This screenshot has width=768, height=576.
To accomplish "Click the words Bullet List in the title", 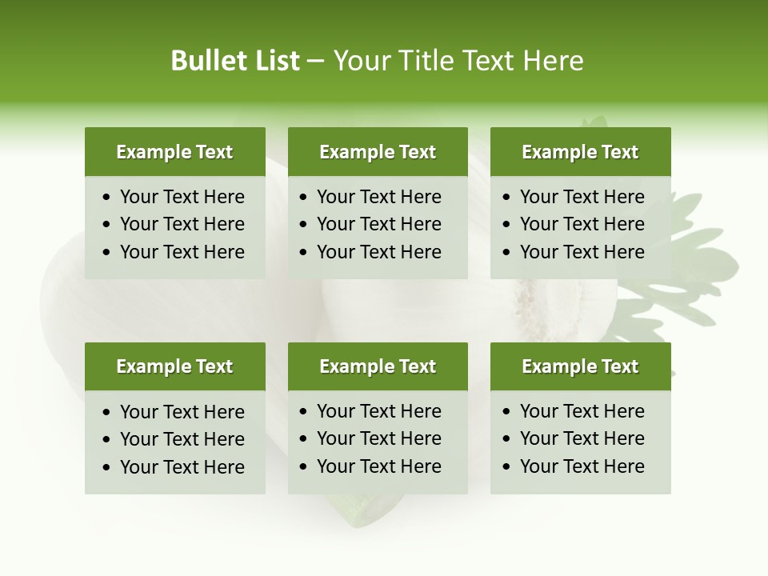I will pyautogui.click(x=235, y=61).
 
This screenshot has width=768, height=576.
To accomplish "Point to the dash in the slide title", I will pyautogui.click(x=315, y=62).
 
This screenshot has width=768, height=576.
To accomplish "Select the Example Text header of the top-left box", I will pyautogui.click(x=174, y=152).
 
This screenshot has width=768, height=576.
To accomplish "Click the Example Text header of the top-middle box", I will pyautogui.click(x=378, y=152).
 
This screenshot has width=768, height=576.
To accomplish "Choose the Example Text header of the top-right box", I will pyautogui.click(x=580, y=152).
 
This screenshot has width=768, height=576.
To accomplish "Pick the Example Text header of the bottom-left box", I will pyautogui.click(x=174, y=366).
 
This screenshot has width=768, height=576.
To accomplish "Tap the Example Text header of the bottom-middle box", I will pyautogui.click(x=378, y=366).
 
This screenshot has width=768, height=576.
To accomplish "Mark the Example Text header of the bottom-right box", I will pyautogui.click(x=580, y=366).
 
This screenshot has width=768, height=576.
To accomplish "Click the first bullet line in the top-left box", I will pyautogui.click(x=182, y=197).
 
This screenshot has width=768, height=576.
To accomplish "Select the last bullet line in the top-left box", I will pyautogui.click(x=182, y=252).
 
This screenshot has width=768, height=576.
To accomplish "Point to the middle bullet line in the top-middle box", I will pyautogui.click(x=378, y=224).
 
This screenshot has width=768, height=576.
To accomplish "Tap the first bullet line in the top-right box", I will pyautogui.click(x=582, y=197).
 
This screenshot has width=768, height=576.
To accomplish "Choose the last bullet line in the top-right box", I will pyautogui.click(x=582, y=252).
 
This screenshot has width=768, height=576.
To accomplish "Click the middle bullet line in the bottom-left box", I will pyautogui.click(x=182, y=439).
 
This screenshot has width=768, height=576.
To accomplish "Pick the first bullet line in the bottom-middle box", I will pyautogui.click(x=378, y=411).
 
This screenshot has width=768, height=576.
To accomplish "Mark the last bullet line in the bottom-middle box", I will pyautogui.click(x=378, y=466).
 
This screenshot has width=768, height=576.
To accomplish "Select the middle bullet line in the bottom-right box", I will pyautogui.click(x=582, y=438).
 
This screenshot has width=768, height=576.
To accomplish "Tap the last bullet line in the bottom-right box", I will pyautogui.click(x=582, y=466).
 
